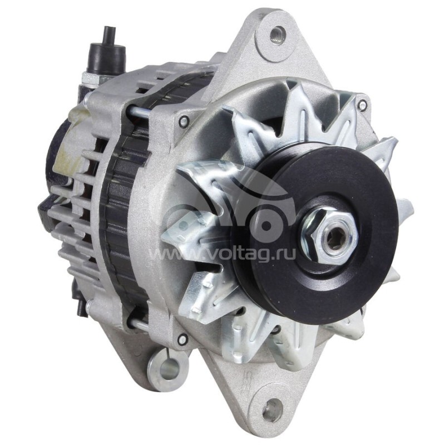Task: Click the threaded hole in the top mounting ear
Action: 276,36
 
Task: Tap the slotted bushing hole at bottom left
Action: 168,367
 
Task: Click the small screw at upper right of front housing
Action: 362,104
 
